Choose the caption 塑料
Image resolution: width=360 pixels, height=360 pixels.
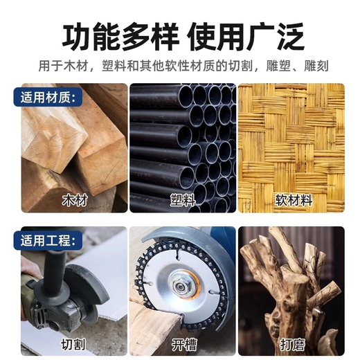[182, 201]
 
